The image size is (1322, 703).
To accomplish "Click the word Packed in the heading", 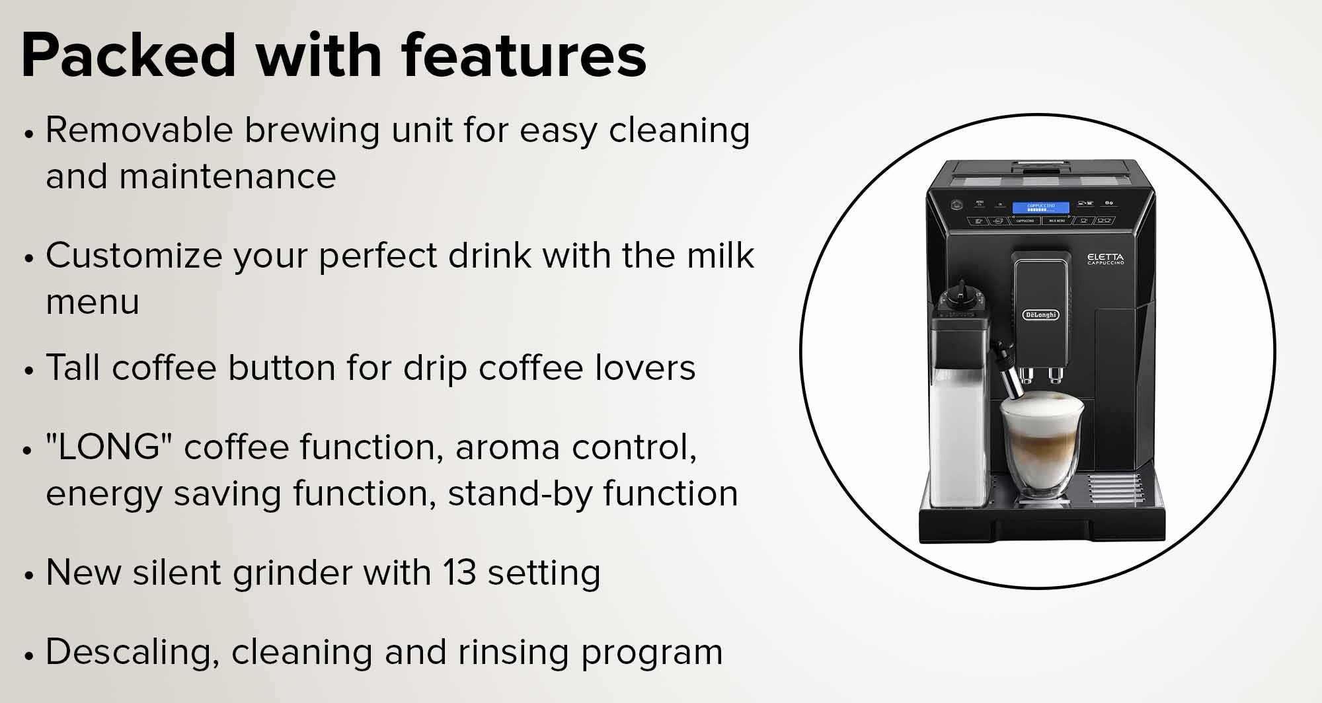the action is coord(129,55).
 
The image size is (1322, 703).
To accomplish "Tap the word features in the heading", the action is coord(524,55).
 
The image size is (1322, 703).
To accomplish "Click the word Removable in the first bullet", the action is coord(139,129).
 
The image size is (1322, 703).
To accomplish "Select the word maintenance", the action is coord(227,176).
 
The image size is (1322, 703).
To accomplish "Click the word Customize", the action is coord(134,255).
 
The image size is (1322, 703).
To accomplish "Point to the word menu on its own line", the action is coord(93,303).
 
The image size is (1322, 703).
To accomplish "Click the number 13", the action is coord(459,572).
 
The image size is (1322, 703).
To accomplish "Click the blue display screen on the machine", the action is coord(1040,207).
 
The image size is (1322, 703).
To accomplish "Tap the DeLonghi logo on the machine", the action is coord(1040,314).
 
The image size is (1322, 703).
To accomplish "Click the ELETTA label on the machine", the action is coord(1106,258).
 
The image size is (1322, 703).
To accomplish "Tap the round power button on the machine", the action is coord(955,205).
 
